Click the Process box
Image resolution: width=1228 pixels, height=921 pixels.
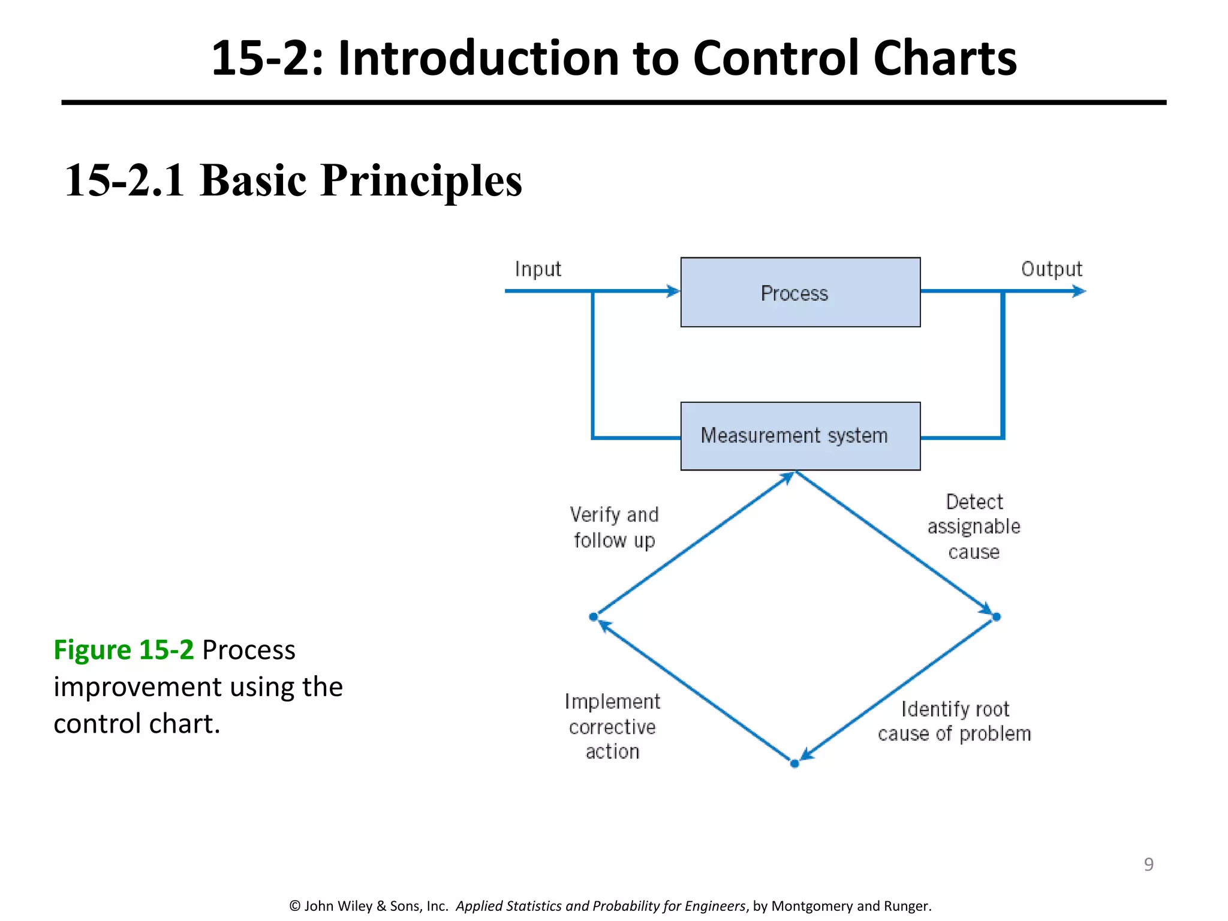(x=800, y=293)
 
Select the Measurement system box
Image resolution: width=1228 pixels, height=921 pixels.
(x=800, y=436)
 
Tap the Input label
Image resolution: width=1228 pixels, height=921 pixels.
(x=538, y=269)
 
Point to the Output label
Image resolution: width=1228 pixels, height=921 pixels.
(x=1052, y=269)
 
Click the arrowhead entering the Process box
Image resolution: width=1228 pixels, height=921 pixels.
(x=673, y=291)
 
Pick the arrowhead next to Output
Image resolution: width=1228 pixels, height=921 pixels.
(x=1079, y=291)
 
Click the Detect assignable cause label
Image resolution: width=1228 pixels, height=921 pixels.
(x=974, y=526)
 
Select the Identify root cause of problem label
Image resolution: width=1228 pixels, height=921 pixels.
(x=955, y=721)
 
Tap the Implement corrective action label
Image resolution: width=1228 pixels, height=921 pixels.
(x=612, y=726)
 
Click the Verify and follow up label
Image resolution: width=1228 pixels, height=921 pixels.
(x=614, y=527)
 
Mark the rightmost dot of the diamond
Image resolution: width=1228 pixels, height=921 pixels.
(x=997, y=616)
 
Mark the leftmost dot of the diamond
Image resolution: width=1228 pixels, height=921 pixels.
(x=593, y=616)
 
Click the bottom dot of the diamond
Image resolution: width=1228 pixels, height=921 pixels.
(x=794, y=763)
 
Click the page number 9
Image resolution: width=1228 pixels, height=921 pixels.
(x=1148, y=864)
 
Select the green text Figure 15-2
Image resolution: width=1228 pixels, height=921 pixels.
(x=124, y=650)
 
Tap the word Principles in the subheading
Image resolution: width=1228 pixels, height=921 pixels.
(x=422, y=180)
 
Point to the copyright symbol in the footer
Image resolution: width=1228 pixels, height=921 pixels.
(x=294, y=906)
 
